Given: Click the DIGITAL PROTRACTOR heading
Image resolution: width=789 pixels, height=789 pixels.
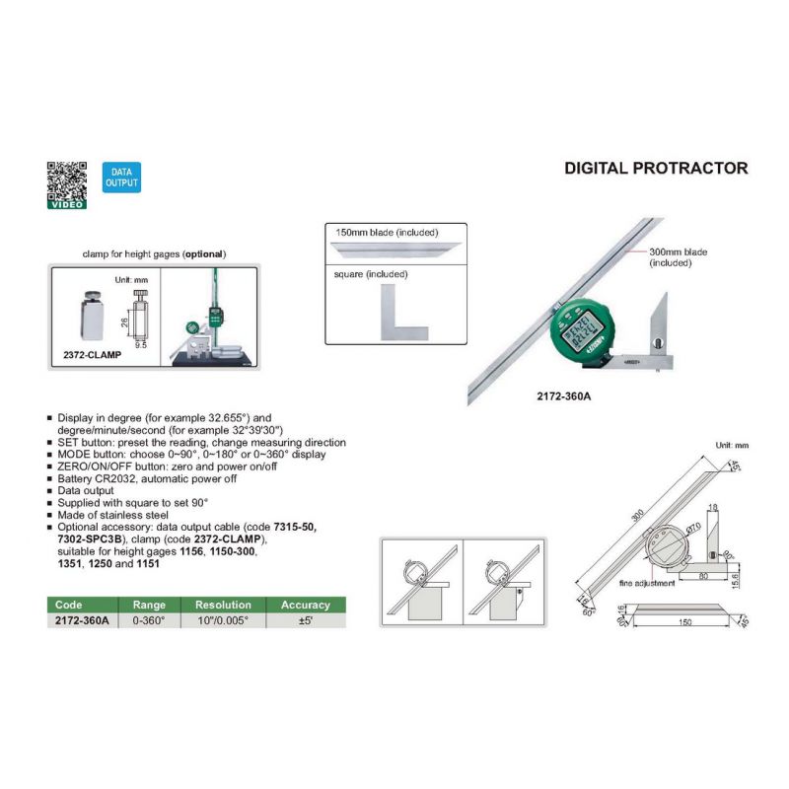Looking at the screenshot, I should click(656, 168).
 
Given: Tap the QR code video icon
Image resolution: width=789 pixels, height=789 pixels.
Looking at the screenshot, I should click(67, 184).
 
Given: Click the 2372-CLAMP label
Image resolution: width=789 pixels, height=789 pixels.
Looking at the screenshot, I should click(86, 352).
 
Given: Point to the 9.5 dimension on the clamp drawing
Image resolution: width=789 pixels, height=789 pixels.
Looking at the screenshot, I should click(142, 346).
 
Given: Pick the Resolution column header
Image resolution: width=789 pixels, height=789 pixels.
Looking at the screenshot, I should click(223, 605).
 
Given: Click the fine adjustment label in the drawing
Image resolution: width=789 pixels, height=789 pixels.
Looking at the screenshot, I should click(648, 584).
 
